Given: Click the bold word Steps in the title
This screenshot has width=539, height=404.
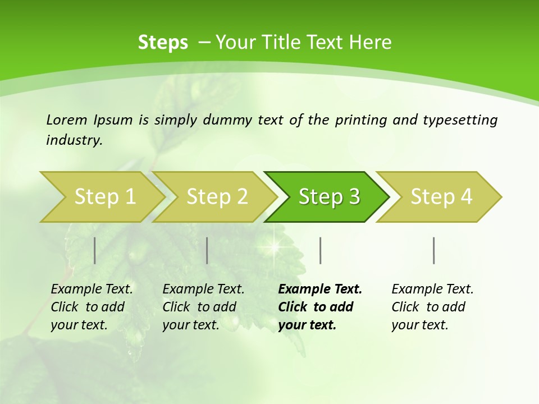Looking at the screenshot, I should coord(163,43).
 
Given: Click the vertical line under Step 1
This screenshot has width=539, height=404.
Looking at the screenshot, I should coord(94,250).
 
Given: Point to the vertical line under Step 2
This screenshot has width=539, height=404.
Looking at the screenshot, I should coord(207,250).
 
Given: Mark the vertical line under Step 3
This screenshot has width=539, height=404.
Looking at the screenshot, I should coord(320,250).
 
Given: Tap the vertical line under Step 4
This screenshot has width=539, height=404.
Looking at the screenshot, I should coord(433,250).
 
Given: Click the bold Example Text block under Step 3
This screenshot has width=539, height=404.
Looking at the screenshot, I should coord(320,307).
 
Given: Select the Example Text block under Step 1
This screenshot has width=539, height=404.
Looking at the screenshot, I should coord(92,307).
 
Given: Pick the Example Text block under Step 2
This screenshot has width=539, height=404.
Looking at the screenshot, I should coord(203,307).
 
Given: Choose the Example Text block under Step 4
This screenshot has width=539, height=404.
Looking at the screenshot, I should coord(432,307).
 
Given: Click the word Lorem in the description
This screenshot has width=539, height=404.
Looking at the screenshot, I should coord(67,120).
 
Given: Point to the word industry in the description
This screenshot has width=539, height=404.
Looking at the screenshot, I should coord(74,140).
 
